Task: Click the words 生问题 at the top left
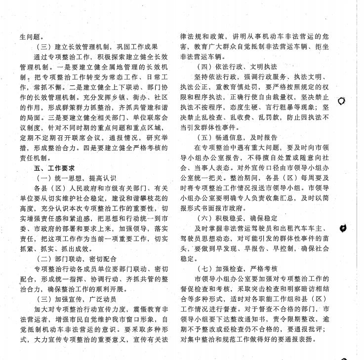click(32, 37)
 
